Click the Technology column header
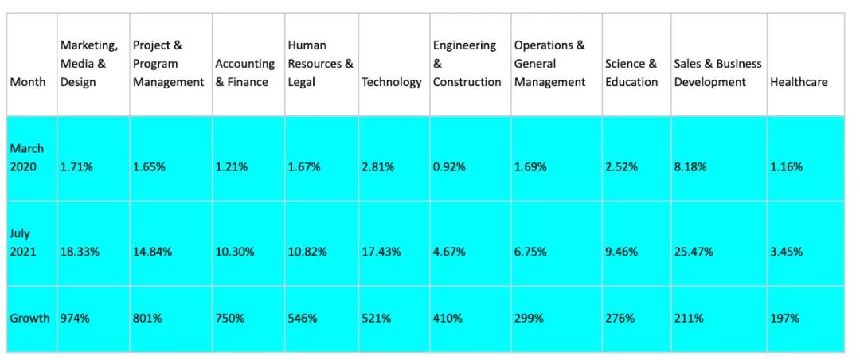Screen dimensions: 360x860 (391, 82)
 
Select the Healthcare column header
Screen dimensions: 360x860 (799, 82)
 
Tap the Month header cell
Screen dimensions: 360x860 (28, 82)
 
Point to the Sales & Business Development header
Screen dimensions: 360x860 (717, 72)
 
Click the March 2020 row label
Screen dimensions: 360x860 (27, 158)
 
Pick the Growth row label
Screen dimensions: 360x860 (29, 318)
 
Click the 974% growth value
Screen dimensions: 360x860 (76, 318)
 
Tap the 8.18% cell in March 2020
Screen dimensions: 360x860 (690, 167)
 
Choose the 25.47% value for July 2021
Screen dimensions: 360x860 (694, 252)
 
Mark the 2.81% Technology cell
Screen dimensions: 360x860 (377, 167)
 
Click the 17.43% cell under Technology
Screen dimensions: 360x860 (381, 252)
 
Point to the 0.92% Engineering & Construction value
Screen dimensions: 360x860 (449, 167)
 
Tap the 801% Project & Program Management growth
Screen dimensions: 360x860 (147, 318)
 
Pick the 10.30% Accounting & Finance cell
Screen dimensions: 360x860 (234, 252)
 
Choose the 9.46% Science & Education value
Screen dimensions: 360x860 (621, 252)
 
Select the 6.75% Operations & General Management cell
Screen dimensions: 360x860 (531, 252)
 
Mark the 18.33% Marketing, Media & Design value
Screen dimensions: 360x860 (80, 252)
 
